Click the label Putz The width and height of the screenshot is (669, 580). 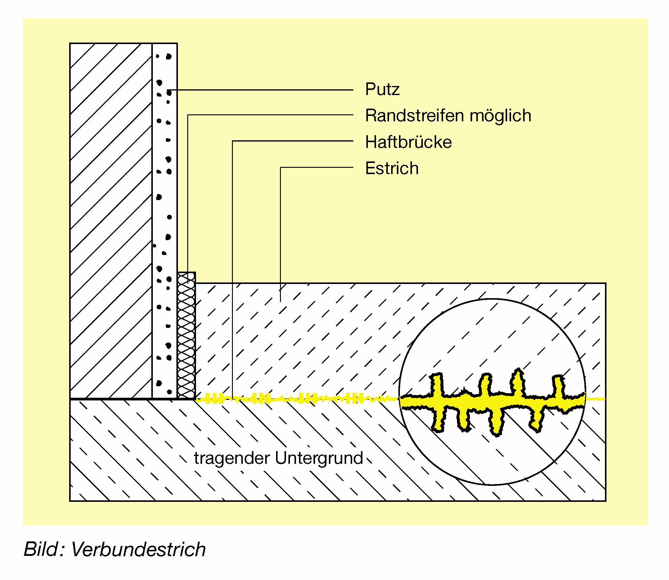pyautogui.click(x=382, y=89)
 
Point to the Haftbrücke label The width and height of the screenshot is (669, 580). pyautogui.click(x=408, y=142)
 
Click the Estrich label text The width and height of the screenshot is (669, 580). pyautogui.click(x=392, y=168)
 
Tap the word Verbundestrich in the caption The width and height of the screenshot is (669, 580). pyautogui.click(x=138, y=550)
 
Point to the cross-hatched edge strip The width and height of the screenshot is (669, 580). pyautogui.click(x=186, y=336)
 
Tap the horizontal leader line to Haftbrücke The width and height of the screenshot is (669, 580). pyautogui.click(x=291, y=141)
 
